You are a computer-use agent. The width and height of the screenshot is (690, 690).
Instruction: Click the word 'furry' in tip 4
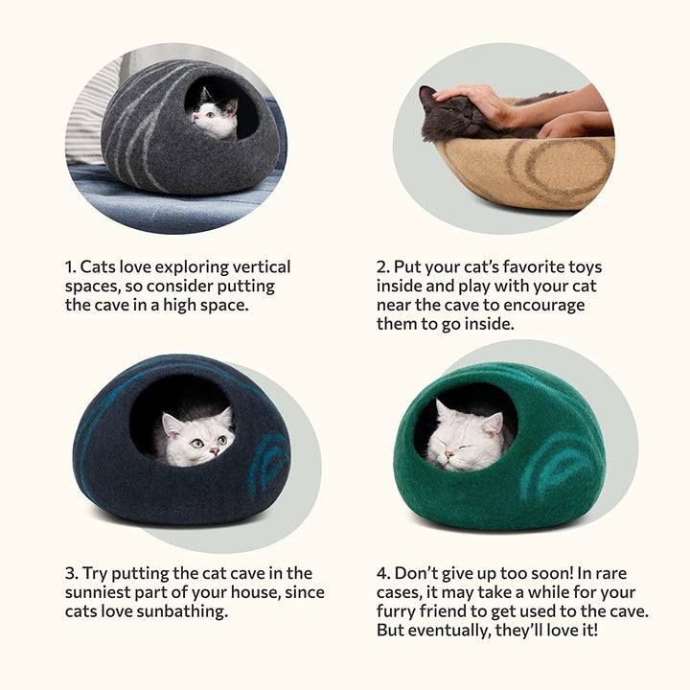pos(402,611)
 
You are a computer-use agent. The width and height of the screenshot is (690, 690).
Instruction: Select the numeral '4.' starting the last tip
pos(383,574)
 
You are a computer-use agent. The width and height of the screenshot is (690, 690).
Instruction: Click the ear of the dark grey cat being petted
pos(427,94)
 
